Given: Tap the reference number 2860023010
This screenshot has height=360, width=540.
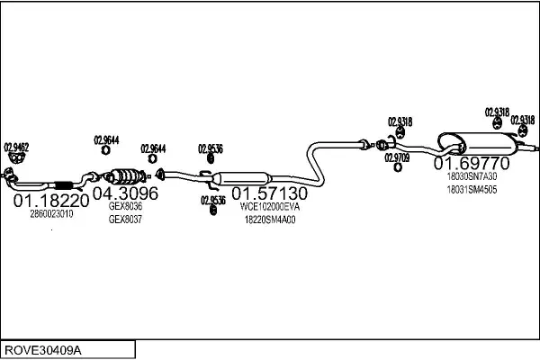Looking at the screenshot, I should (52, 214).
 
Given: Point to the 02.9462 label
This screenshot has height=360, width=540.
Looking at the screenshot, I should (16, 147).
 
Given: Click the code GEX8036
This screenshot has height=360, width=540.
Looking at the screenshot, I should (125, 206).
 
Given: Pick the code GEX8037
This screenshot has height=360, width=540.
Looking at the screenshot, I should (125, 219).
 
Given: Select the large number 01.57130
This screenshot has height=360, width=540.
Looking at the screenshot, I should (270, 193).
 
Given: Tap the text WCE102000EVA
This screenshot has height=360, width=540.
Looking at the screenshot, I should (270, 206).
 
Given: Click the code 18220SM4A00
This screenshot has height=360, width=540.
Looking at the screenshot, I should (270, 219).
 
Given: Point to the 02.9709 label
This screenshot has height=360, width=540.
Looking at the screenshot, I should (397, 157).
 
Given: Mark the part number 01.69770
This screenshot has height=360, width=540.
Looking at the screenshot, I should (472, 164).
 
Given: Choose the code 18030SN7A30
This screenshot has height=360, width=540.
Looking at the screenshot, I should (472, 177).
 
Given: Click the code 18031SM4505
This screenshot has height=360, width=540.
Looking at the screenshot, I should (472, 190).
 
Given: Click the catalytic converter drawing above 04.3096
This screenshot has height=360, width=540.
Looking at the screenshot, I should (126, 175).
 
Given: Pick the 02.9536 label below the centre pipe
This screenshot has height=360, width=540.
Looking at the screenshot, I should (212, 201).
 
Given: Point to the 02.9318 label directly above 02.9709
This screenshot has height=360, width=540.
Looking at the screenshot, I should (400, 122).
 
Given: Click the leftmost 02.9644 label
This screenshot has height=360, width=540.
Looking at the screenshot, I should (106, 139).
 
